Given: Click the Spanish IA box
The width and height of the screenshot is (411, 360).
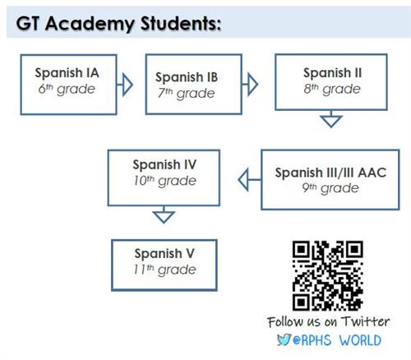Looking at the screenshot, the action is click(68, 85).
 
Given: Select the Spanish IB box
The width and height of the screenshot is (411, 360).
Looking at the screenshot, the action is click(194, 84).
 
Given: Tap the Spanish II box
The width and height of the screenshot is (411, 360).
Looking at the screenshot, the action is click(331, 82).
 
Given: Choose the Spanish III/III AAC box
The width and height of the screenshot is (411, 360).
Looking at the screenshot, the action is click(330, 180).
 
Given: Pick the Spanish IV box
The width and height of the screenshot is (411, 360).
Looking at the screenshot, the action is click(164, 178).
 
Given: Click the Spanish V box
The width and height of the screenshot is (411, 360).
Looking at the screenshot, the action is click(164, 265).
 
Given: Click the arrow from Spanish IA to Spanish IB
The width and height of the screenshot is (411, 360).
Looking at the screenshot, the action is click(125, 85).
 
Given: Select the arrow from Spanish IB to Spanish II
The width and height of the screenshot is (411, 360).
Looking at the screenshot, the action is click(250, 84).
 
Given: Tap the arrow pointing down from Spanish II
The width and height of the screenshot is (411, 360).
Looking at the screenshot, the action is click(331, 119).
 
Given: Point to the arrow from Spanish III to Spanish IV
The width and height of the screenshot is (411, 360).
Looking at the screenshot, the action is click(249, 180).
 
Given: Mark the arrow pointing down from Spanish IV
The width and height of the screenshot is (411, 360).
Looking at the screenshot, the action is click(164, 215).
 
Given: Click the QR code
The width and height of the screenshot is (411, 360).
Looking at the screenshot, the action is click(328, 275).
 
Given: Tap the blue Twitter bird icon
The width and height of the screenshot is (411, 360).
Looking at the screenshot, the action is click(284, 339).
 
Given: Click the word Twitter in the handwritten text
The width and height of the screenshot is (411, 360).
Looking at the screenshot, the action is click(365, 321).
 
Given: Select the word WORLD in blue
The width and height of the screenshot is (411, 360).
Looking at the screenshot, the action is click(360, 340).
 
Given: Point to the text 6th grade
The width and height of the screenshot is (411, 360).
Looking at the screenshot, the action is click(67, 89).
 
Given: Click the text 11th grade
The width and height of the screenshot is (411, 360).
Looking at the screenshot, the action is click(164, 270).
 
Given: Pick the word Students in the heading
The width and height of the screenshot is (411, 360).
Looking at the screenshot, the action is click(181, 24).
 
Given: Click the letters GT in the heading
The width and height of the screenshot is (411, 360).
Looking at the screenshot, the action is click(28, 24).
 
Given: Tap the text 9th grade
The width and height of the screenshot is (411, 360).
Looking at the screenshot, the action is click(330, 188).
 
